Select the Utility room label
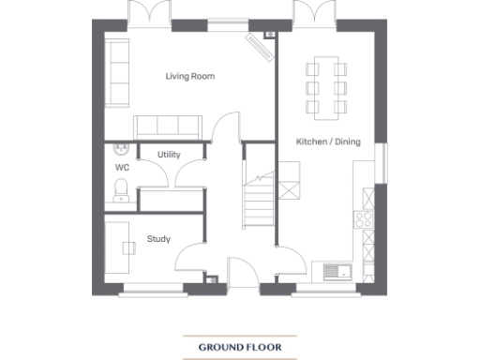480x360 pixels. tap(170, 155)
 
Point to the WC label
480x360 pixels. tap(121, 167)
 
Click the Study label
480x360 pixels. tap(158, 239)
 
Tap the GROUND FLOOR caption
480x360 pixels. tap(239, 347)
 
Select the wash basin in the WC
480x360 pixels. tap(120, 149)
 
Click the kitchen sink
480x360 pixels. tap(337, 272)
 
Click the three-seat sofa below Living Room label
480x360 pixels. tap(166, 127)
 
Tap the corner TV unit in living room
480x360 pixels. tap(258, 45)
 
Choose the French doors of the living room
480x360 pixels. tap(151, 16)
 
